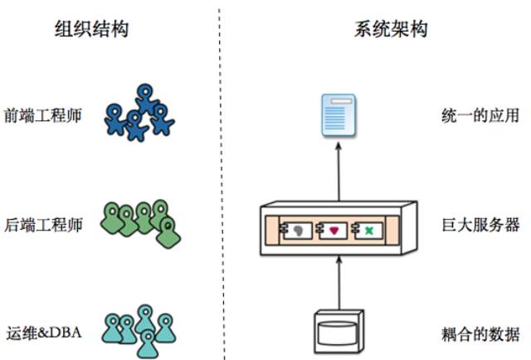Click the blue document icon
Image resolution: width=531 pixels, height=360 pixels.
tap(339, 115)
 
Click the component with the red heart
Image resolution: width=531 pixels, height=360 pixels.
tap(330, 229)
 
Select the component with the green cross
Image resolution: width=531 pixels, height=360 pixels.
tap(367, 229)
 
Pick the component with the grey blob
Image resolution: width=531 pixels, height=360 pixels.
tap(295, 229)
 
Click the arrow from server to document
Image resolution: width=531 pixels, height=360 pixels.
tap(339, 170)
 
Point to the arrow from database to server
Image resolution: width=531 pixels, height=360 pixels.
tap(339, 282)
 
